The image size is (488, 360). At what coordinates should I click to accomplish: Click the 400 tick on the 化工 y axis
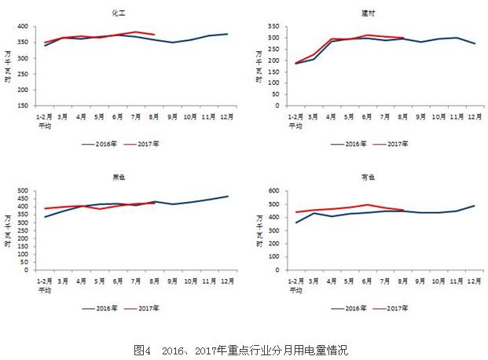[24, 27]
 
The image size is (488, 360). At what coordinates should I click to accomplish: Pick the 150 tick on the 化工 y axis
[24, 105]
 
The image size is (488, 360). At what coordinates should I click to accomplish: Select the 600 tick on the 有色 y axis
[274, 190]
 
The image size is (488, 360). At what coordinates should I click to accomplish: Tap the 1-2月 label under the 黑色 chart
[45, 281]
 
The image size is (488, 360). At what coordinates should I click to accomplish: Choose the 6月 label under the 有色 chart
[367, 281]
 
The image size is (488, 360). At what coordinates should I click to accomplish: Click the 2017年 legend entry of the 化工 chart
[149, 144]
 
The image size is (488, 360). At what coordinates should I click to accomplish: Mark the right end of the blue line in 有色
[474, 206]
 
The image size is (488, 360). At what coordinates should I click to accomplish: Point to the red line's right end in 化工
[154, 35]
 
